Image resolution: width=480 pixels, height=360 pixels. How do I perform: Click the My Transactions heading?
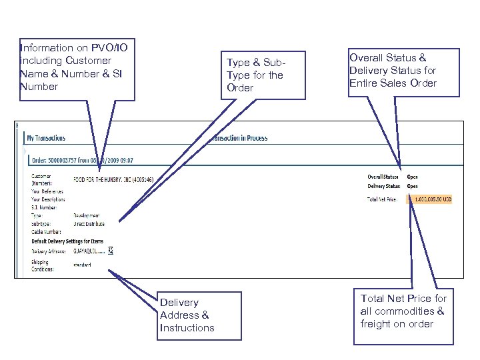46,138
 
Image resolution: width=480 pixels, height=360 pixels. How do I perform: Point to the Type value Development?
87,216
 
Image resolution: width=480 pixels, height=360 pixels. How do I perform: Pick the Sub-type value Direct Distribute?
89,224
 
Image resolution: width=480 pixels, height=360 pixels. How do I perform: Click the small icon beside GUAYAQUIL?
111,250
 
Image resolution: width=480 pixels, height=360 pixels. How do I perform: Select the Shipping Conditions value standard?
83,265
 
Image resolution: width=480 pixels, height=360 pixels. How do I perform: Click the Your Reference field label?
47,191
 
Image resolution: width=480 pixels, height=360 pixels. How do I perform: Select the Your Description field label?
48,199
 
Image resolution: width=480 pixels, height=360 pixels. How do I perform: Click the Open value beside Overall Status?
413,177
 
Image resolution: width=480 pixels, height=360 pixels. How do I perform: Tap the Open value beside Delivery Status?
413,186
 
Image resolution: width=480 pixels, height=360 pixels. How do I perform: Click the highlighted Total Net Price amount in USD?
432,199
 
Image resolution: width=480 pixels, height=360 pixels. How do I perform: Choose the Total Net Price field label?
383,199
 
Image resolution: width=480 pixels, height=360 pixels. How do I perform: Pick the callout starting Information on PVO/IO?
77,67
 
